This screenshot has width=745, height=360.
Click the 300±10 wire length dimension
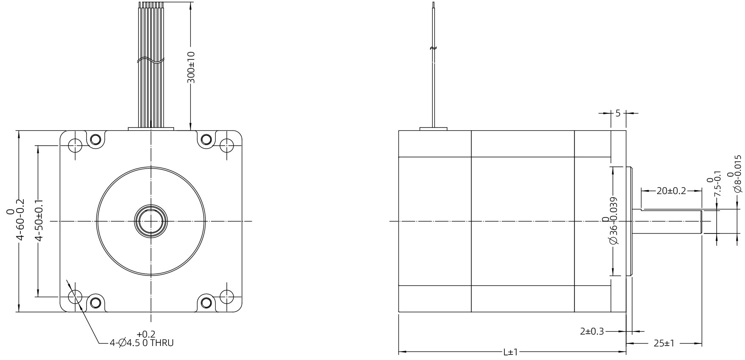191,67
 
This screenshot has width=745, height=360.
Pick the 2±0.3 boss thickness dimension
592,331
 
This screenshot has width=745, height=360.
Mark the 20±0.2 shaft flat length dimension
671,191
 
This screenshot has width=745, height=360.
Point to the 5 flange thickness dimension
618,113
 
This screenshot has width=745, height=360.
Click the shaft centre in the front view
151,221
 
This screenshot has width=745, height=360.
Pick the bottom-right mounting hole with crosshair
227,296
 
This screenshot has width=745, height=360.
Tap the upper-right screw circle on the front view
206,139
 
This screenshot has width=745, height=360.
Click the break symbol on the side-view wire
433,48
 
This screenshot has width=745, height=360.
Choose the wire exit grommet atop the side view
433,128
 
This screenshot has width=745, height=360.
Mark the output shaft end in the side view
700,221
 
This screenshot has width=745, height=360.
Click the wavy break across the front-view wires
151,61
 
